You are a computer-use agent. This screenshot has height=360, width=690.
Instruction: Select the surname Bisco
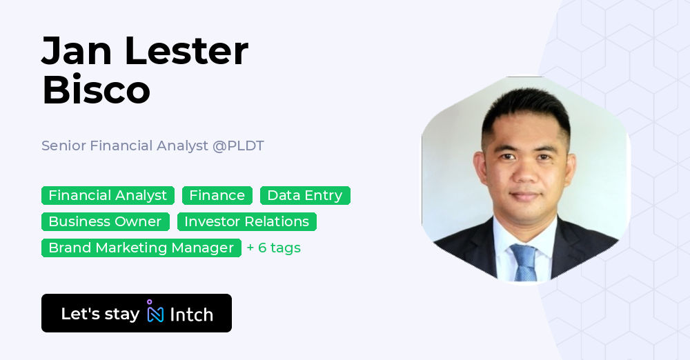click(96, 90)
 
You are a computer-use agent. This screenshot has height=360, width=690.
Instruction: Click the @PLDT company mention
click(238, 146)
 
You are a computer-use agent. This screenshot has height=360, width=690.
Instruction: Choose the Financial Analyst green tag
click(108, 196)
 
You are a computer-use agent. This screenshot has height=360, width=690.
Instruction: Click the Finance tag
click(217, 196)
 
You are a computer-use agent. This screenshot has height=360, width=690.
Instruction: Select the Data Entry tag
click(304, 196)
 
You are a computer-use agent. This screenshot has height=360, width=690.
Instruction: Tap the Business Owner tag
click(105, 221)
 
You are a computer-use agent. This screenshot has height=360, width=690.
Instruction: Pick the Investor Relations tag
click(246, 221)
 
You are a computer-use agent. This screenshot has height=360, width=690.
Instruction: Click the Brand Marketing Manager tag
click(141, 248)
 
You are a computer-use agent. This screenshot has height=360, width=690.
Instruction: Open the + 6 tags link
click(273, 248)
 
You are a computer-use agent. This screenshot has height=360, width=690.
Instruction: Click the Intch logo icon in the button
click(155, 312)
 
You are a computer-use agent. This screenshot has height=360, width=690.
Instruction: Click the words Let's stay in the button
click(100, 314)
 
